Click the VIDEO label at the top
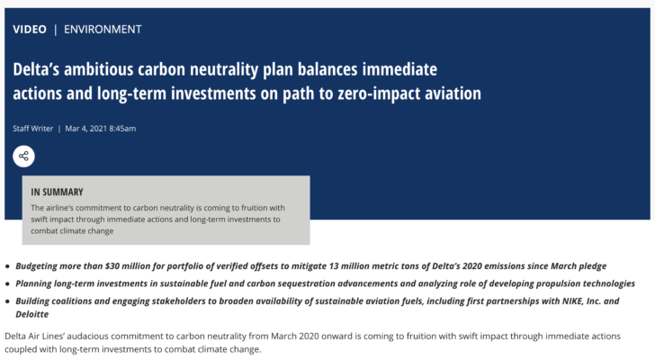[x=30, y=30]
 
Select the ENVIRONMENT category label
[x=103, y=30]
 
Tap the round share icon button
[x=23, y=157]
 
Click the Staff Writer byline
[x=33, y=129]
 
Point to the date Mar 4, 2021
[x=86, y=129]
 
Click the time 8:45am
[x=122, y=129]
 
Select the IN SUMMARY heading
[x=57, y=192]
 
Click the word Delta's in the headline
[x=36, y=69]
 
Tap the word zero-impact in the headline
[x=379, y=94]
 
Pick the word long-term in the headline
[x=131, y=94]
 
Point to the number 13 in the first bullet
[x=333, y=266]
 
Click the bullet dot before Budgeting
[x=7, y=266]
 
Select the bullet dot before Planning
[x=7, y=284]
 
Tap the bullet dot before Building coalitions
[x=7, y=301]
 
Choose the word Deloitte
[x=32, y=314]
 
